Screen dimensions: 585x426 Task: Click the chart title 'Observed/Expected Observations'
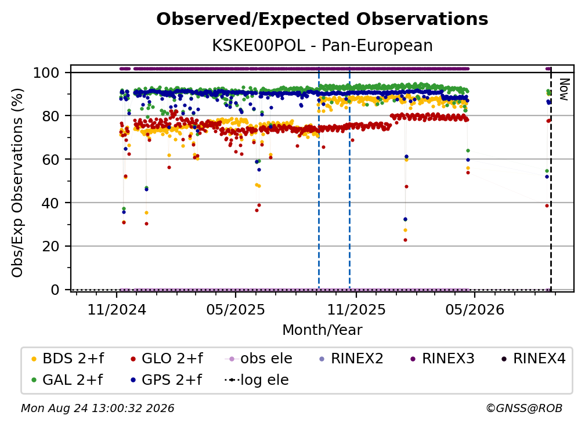(322, 19)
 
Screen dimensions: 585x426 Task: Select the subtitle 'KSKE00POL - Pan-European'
(322, 46)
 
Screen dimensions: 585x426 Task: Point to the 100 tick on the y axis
(46, 73)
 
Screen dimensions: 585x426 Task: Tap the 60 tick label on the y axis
(50, 160)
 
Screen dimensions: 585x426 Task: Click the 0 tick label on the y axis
(55, 290)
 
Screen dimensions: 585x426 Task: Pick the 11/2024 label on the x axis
(117, 309)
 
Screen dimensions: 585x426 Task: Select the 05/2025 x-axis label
(236, 309)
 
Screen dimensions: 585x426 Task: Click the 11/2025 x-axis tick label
(356, 309)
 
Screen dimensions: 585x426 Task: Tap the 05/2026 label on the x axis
(475, 309)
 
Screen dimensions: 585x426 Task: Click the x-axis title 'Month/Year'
(322, 330)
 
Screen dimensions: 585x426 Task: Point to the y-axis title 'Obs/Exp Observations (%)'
(17, 182)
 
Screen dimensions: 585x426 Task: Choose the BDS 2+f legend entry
(67, 359)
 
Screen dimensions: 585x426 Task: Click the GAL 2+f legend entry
(67, 380)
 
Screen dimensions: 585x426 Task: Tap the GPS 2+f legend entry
(166, 380)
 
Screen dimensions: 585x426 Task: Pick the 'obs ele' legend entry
(259, 359)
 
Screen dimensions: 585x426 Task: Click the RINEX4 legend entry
(533, 359)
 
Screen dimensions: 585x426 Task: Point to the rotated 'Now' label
(564, 89)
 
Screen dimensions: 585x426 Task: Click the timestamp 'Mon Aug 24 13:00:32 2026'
(98, 409)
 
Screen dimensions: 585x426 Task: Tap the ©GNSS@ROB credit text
(524, 409)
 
